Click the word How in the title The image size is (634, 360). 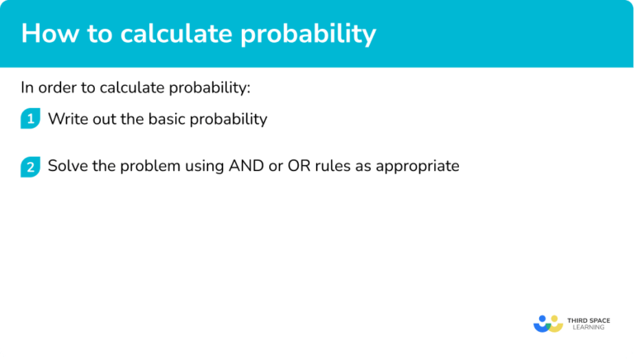50,33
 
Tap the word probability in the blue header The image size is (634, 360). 308,36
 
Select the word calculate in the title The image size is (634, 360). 177,33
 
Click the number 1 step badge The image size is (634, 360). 31,119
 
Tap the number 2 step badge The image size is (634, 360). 31,167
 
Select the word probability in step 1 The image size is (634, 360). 229,120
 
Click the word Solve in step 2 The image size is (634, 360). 68,166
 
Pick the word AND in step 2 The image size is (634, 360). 246,166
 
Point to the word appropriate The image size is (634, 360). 418,167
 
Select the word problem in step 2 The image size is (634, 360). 150,167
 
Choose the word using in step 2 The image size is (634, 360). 205,167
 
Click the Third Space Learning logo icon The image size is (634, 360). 548,324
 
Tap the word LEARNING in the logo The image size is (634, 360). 589,327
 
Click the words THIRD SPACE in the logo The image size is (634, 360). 589,320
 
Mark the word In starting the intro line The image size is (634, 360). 27,88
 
